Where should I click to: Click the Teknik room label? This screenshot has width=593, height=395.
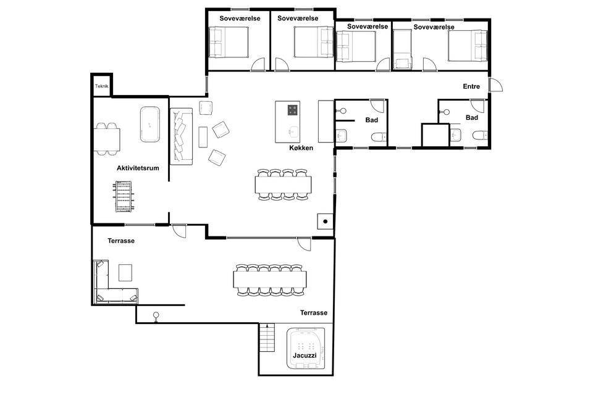102,86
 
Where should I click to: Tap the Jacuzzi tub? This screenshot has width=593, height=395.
306,348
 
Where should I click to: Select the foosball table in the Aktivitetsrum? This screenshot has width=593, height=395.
124,196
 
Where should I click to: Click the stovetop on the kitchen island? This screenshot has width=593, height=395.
293,110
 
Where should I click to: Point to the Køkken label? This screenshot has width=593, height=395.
301,148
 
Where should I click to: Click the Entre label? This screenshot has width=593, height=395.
471,86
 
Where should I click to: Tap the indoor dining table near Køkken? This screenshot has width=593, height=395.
284,185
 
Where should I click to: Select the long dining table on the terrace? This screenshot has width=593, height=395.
270,280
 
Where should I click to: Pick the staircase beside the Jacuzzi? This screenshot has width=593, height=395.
267,338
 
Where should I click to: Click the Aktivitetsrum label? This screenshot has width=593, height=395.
138,168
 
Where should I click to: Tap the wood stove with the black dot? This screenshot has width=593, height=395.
326,222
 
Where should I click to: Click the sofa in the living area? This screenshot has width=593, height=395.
182,136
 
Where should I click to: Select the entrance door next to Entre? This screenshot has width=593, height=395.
495,85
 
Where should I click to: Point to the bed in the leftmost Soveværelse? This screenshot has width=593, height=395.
229,42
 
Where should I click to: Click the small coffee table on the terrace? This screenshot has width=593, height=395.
125,273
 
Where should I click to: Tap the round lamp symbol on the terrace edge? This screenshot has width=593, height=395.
156,315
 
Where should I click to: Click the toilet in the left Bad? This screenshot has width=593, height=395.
379,137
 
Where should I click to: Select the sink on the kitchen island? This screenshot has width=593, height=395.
293,132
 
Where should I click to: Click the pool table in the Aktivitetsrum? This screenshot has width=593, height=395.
149,124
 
